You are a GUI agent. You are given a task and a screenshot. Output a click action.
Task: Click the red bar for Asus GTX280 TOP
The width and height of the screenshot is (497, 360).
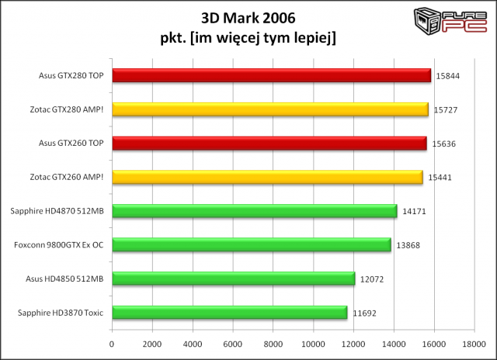[x=271, y=75]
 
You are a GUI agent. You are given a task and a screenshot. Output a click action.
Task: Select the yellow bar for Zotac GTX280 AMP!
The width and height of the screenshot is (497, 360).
[x=269, y=109]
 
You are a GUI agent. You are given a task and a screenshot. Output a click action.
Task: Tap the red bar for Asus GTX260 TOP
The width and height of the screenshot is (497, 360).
[x=269, y=143]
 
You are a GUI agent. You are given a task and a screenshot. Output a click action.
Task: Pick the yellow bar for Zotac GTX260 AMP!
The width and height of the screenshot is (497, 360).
[x=267, y=177]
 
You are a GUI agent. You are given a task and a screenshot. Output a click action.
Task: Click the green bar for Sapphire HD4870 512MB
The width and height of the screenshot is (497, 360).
[x=254, y=210]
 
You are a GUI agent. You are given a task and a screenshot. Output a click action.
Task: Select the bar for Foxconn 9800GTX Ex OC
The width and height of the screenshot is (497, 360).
[x=251, y=244]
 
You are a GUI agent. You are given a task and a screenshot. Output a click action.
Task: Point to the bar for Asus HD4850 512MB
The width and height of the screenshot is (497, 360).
[x=233, y=279]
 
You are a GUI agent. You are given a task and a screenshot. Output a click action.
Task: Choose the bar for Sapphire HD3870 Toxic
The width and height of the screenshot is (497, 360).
[x=229, y=312]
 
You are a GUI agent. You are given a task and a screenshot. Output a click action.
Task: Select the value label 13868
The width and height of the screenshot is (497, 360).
[x=409, y=244]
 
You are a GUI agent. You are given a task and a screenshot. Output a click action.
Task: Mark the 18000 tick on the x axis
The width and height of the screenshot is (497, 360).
[x=474, y=344]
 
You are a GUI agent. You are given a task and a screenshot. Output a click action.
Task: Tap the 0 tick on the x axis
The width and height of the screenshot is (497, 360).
[x=112, y=344]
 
